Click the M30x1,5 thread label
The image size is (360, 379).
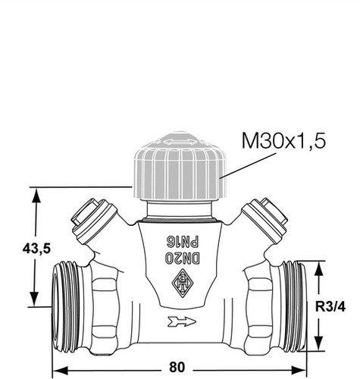click(x=283, y=141)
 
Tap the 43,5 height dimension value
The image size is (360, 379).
click(x=36, y=249)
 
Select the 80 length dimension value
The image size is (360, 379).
click(x=177, y=367)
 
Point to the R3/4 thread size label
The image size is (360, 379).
click(x=330, y=307)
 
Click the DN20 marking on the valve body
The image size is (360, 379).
click(x=183, y=258)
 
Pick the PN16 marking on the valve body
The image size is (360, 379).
click(x=182, y=242)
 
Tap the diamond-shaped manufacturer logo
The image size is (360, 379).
click(x=183, y=283)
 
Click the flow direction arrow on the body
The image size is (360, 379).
click(x=181, y=321)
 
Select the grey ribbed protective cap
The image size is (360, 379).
click(x=180, y=166)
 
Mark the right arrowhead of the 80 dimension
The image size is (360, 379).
click(x=299, y=371)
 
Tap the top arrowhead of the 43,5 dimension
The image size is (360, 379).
click(x=36, y=195)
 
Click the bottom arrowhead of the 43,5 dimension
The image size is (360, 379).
click(x=34, y=299)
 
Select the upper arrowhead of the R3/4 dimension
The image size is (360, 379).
click(x=319, y=269)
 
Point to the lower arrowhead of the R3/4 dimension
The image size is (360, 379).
click(x=319, y=343)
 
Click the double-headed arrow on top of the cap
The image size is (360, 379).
click(x=180, y=142)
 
